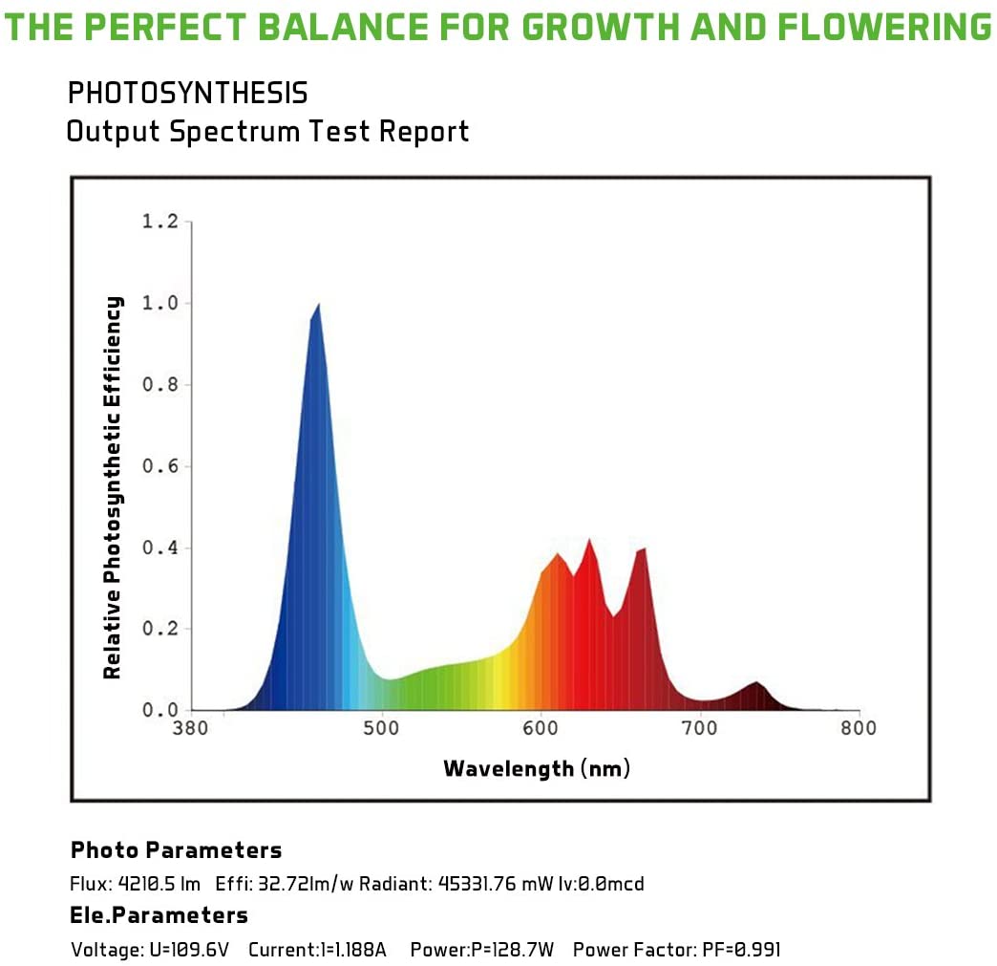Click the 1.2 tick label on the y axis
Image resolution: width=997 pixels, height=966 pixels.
(159, 222)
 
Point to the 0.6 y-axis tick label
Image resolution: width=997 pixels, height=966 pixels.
(159, 466)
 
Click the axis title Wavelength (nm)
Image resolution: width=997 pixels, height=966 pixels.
(537, 768)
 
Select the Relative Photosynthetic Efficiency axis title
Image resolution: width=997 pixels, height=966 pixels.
(113, 487)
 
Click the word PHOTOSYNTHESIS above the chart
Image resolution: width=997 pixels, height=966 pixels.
(187, 94)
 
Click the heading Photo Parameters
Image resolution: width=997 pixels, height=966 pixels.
(176, 850)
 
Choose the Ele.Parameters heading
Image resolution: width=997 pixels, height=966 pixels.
(159, 915)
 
